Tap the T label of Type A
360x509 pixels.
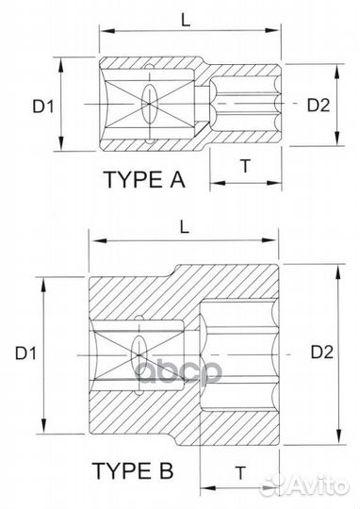click(245, 166)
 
